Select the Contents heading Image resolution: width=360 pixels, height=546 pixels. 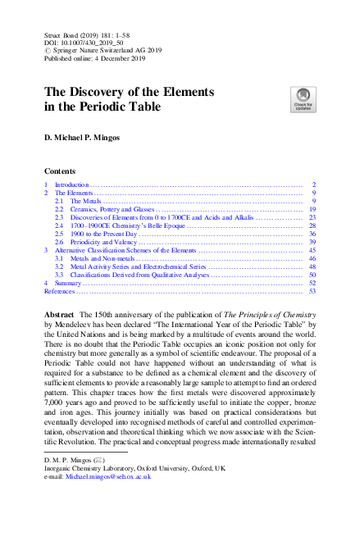62,173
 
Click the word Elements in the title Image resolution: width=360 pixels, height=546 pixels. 180,91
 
